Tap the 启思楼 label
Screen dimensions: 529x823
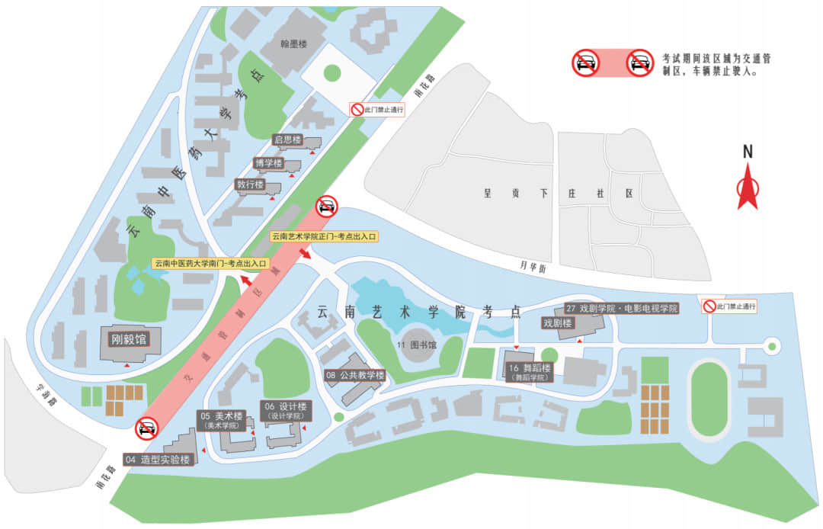pyautogui.click(x=288, y=140)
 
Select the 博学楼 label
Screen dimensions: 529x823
pyautogui.click(x=268, y=163)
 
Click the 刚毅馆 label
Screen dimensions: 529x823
pyautogui.click(x=127, y=338)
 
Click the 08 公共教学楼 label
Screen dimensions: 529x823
pyautogui.click(x=355, y=375)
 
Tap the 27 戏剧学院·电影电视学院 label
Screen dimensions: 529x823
pyautogui.click(x=622, y=309)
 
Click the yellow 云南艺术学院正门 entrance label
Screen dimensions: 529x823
pyautogui.click(x=325, y=237)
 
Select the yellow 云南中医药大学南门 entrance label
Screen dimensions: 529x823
pyautogui.click(x=211, y=264)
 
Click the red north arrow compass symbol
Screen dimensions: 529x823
pyautogui.click(x=748, y=191)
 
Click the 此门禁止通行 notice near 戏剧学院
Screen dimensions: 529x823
pyautogui.click(x=729, y=306)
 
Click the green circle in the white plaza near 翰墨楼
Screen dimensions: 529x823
pyautogui.click(x=331, y=73)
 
